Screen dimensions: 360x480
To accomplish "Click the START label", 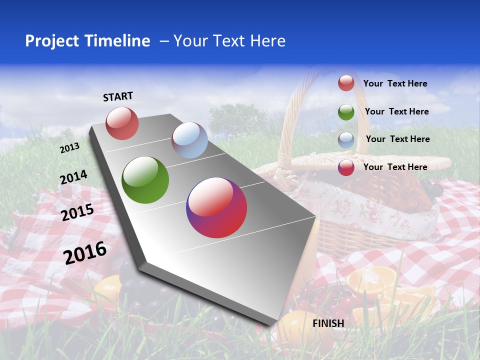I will click(118, 96).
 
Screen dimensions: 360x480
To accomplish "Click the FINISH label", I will click(328, 323).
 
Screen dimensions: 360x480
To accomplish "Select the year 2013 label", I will click(69, 148).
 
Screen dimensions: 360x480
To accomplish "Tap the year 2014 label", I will click(73, 177).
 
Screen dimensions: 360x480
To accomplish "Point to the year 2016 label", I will click(85, 253).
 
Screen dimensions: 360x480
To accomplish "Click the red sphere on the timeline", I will click(122, 123).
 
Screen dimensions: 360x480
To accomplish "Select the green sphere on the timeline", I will click(145, 180).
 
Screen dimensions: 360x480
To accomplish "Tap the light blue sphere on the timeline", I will click(189, 140).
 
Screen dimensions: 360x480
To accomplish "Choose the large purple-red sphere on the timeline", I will click(216, 207).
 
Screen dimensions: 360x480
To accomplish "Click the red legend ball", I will click(346, 83).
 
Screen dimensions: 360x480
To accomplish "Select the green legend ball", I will click(346, 112).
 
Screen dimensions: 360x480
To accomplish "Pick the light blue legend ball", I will click(346, 139).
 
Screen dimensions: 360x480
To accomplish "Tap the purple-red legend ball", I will click(346, 167).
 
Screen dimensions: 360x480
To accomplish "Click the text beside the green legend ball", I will click(396, 111).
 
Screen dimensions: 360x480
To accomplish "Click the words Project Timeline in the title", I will click(87, 41).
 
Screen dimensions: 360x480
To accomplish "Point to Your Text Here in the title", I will click(229, 41).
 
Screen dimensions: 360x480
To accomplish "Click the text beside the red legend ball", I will click(395, 83).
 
